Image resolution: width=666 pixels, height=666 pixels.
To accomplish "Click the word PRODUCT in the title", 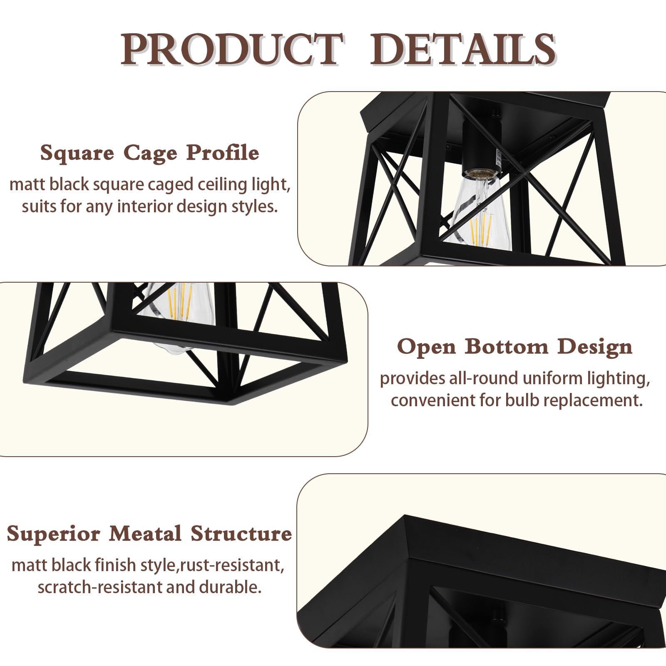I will (x=230, y=50).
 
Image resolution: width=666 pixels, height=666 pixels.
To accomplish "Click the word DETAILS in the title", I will (x=463, y=50).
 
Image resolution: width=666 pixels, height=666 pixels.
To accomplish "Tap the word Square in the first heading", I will (x=77, y=153).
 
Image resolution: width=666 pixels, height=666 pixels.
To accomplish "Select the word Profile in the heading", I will (x=223, y=152).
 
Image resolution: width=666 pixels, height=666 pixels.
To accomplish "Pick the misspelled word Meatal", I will (x=145, y=534).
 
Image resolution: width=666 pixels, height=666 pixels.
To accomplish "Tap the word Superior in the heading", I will (x=54, y=534).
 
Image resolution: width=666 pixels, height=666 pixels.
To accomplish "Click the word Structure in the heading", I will (x=241, y=534).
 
